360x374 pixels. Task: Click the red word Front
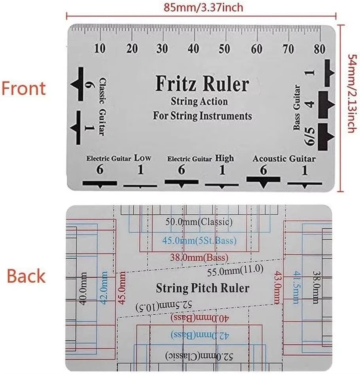(x=23, y=88)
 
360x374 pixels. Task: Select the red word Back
(x=27, y=276)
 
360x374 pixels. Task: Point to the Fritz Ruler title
(x=202, y=84)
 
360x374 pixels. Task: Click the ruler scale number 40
(x=193, y=49)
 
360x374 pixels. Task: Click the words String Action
(x=199, y=101)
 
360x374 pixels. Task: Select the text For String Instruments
(x=202, y=116)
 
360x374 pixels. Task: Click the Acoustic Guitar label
(x=284, y=159)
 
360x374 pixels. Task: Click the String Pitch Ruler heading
(x=203, y=287)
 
